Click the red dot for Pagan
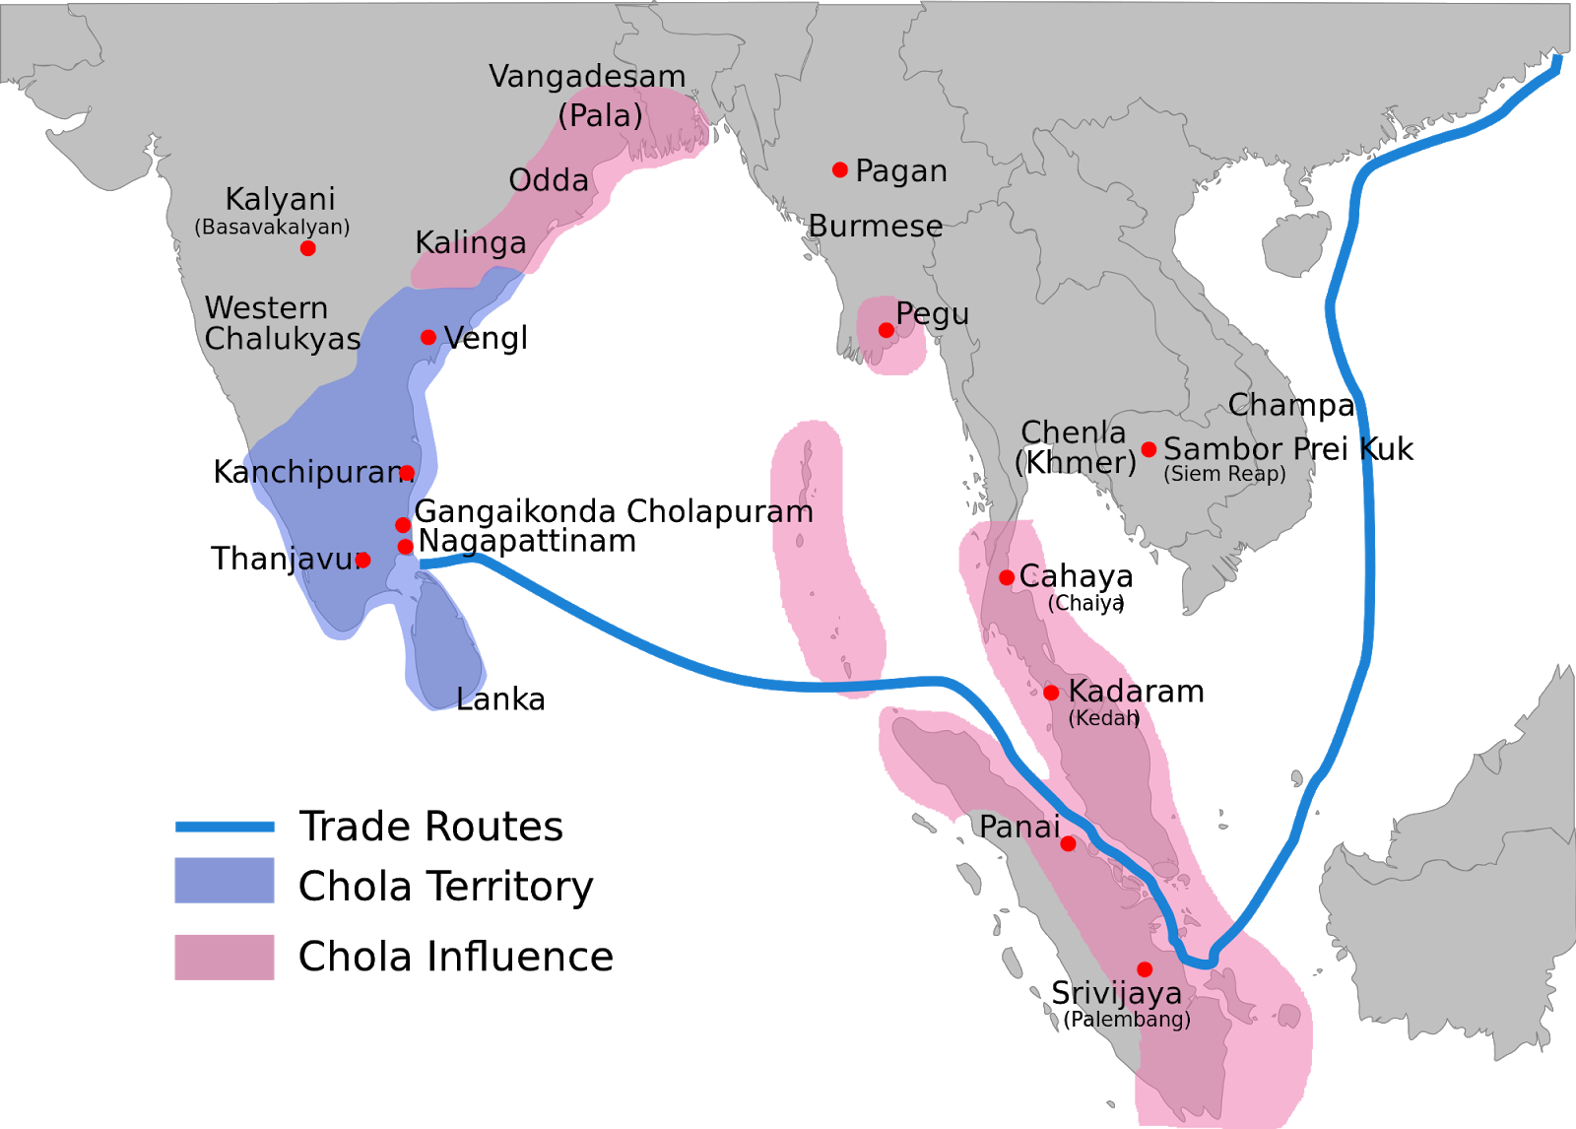pyautogui.click(x=840, y=170)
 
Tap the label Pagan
pyautogui.click(x=901, y=171)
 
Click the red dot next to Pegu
pyautogui.click(x=886, y=330)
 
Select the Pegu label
pyautogui.click(x=933, y=314)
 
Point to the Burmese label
pyautogui.click(x=876, y=227)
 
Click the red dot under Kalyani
pyautogui.click(x=308, y=248)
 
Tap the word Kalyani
pyautogui.click(x=281, y=199)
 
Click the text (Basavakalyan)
pyautogui.click(x=272, y=227)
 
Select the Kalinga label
pyautogui.click(x=471, y=243)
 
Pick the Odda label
pyautogui.click(x=549, y=180)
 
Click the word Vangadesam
pyautogui.click(x=587, y=77)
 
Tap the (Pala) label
pyautogui.click(x=600, y=115)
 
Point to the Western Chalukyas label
pyautogui.click(x=282, y=323)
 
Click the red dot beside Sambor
pyautogui.click(x=1149, y=450)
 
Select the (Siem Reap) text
pyautogui.click(x=1224, y=474)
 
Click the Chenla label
pyautogui.click(x=1074, y=432)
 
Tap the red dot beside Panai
pyautogui.click(x=1068, y=844)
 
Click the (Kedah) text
pyautogui.click(x=1104, y=718)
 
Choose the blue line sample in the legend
pyautogui.click(x=225, y=827)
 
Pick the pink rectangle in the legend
pyautogui.click(x=225, y=957)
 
